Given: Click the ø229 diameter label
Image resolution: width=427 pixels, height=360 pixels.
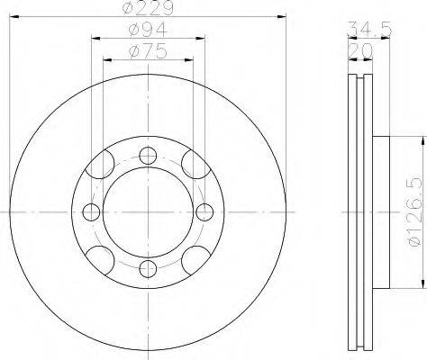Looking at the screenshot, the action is [148, 8].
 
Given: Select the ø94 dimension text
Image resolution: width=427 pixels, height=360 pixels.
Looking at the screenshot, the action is [148, 30].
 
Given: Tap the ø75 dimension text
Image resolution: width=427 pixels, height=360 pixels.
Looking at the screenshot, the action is [148, 51].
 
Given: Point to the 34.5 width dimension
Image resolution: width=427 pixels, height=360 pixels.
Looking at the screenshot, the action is [369, 30].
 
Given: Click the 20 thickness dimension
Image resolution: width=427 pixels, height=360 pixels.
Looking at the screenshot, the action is [360, 51].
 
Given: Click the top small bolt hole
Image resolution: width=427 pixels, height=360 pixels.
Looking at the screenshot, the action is [148, 156].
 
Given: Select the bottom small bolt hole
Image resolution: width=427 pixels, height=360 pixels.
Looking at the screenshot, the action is [148, 268].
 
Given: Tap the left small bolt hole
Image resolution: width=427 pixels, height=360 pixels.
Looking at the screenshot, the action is [91, 211].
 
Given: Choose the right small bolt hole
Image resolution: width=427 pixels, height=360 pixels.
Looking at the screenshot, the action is [204, 211].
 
